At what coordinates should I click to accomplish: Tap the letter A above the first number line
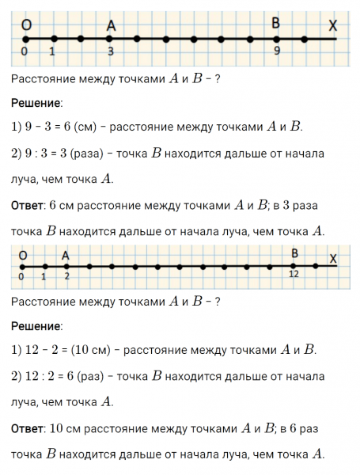coord(111,25)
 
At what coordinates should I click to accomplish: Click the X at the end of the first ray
coord(333,26)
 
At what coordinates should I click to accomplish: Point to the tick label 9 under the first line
coord(277,51)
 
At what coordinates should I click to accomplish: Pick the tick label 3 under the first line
coord(111,51)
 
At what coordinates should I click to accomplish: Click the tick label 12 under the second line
coord(294,274)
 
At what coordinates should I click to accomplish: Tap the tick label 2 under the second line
coord(66,275)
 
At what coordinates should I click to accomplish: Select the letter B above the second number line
coord(295,253)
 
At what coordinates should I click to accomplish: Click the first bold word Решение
coord(36,103)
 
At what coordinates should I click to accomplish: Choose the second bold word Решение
coord(36,326)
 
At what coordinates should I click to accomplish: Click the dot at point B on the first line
coord(277,38)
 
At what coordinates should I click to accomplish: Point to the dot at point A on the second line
coord(66,265)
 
